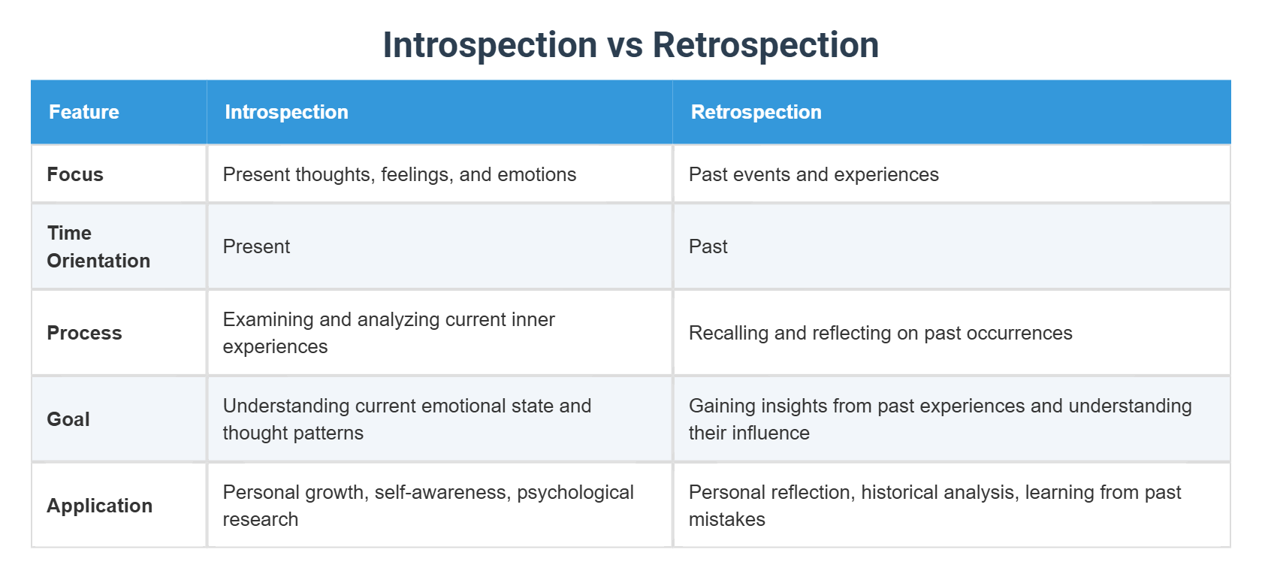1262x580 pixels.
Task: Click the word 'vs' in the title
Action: point(625,45)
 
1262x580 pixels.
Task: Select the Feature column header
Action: point(84,112)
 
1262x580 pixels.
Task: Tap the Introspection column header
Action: point(286,112)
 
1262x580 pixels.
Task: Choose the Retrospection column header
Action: point(756,112)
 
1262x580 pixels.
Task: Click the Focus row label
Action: point(75,174)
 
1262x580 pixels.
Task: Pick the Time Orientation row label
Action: point(98,246)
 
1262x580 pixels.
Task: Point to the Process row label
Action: point(84,333)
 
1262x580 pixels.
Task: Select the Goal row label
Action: point(68,419)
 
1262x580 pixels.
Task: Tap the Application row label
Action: point(99,506)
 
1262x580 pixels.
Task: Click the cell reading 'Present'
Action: point(256,246)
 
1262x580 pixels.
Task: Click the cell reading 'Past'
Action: point(708,246)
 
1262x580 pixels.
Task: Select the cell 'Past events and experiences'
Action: point(814,174)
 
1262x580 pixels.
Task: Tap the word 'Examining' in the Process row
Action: point(268,319)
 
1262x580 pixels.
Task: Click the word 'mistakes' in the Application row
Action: point(726,519)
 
